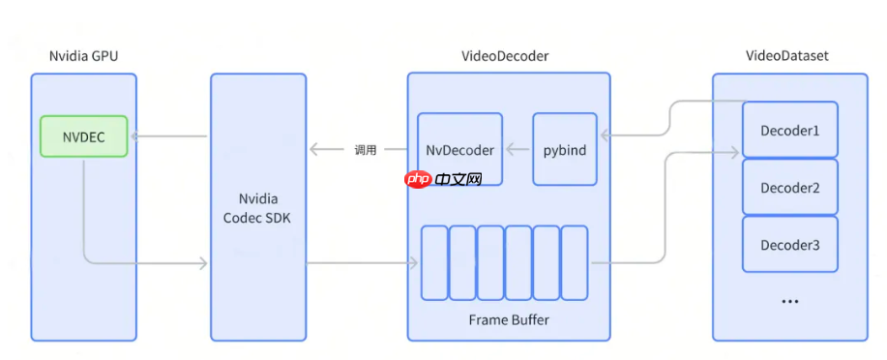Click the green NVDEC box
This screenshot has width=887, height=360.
[x=84, y=136]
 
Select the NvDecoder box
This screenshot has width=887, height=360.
[x=459, y=150]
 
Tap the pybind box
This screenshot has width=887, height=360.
[x=564, y=150]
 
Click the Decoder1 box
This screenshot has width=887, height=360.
[x=789, y=129]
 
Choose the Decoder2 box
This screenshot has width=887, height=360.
[x=789, y=187]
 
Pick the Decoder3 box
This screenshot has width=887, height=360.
[x=789, y=245]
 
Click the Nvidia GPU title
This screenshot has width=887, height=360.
[x=83, y=56]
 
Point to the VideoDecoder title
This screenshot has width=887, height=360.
[x=508, y=56]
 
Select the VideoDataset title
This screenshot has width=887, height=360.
[x=789, y=56]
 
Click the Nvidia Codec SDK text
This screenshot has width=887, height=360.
[x=257, y=208]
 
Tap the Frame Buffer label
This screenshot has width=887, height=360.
[x=507, y=318]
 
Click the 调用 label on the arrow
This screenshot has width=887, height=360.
[x=365, y=150]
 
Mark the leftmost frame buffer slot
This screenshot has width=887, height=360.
[x=434, y=262]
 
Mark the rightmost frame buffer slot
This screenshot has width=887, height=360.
[x=575, y=262]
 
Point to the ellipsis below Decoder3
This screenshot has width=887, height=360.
[x=789, y=302]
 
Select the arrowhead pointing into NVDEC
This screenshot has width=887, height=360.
[x=134, y=136]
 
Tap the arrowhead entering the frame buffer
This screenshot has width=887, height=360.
[x=413, y=262]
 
